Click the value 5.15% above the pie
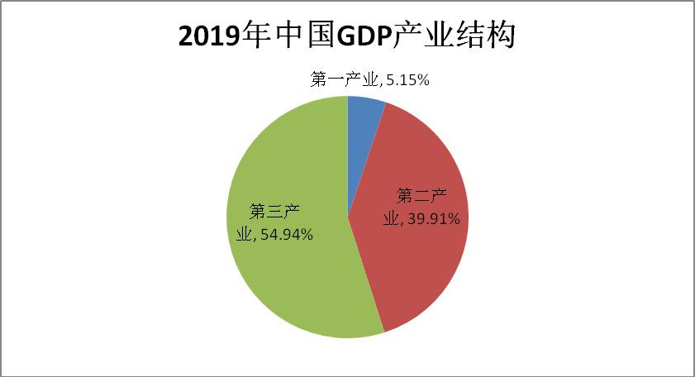[x=407, y=80]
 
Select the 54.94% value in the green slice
[x=286, y=235]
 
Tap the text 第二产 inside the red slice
[x=421, y=197]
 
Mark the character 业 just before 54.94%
[x=243, y=235]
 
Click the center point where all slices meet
[x=348, y=217]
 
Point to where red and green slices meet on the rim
[x=384, y=333]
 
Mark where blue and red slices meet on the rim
[x=386, y=103]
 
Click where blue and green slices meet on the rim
[x=348, y=96]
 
